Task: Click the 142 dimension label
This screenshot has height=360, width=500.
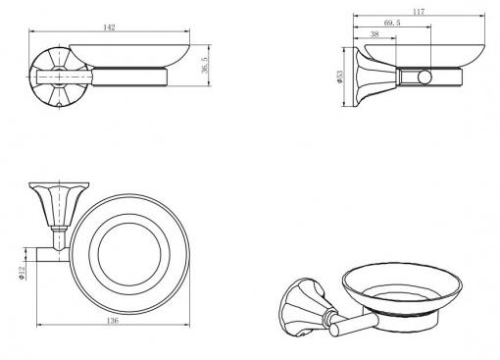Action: (109, 27)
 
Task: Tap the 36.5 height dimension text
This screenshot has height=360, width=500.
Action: (205, 65)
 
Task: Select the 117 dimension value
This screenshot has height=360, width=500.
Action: (419, 12)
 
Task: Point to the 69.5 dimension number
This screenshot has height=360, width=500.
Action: (392, 23)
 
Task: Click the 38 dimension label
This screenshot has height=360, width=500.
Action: (375, 34)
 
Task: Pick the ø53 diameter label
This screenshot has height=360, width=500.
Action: (340, 77)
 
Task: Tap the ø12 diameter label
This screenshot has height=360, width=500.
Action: (22, 273)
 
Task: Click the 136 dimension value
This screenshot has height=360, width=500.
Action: (112, 321)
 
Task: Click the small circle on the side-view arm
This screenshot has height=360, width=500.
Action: (425, 77)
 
